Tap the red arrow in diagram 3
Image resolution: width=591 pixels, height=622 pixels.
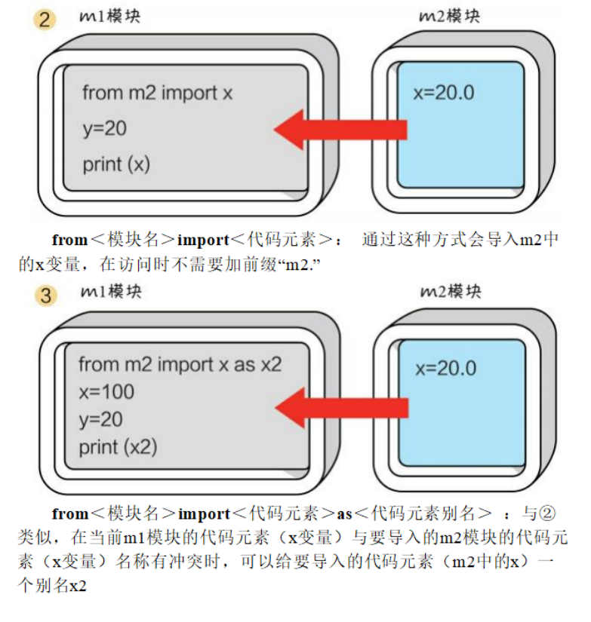coord(339,408)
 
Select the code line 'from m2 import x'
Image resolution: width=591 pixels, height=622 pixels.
coord(158,93)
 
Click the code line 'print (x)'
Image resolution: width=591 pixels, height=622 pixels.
coord(116,164)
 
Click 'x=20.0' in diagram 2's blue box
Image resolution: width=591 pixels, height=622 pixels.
coord(444,93)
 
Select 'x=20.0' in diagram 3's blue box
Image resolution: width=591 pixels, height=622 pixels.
coord(446,369)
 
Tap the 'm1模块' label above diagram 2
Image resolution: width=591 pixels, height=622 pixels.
coord(109,16)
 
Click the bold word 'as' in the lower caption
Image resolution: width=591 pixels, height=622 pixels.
coord(345,514)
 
